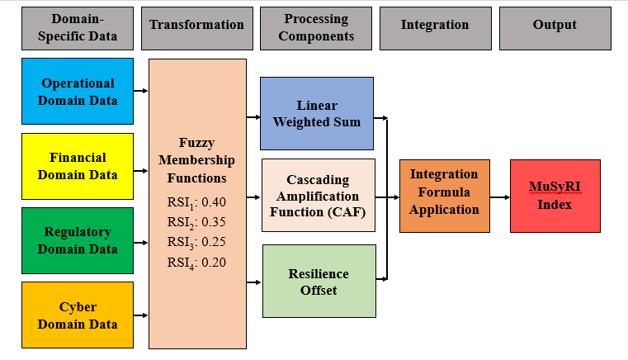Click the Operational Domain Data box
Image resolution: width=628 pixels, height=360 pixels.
click(x=77, y=91)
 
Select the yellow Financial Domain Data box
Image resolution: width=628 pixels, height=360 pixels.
click(x=77, y=166)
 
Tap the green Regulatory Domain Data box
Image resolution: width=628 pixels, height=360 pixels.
click(x=77, y=240)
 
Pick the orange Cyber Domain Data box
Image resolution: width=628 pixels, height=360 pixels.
click(x=77, y=315)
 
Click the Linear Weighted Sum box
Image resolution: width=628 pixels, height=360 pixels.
click(x=318, y=114)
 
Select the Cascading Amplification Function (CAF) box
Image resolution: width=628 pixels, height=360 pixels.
click(x=318, y=195)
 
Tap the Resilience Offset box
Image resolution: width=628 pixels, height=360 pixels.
click(x=318, y=281)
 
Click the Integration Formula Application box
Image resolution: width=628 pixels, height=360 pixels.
click(x=444, y=192)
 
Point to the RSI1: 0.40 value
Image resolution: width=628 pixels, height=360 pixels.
click(x=196, y=201)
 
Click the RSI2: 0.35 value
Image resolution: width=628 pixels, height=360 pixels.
click(x=196, y=222)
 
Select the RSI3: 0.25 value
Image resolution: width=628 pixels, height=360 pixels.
click(x=196, y=243)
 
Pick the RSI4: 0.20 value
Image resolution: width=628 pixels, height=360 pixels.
click(x=196, y=263)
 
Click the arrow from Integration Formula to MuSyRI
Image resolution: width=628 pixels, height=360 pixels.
click(x=499, y=197)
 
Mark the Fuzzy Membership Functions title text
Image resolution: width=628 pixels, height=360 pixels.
click(x=196, y=159)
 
